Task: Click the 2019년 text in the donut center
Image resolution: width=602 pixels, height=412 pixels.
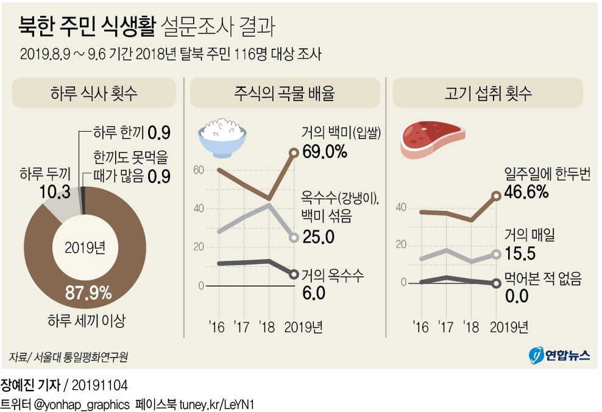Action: (x=84, y=248)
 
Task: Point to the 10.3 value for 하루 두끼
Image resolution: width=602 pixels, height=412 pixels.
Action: (x=54, y=192)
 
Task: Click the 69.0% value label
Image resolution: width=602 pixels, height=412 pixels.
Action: (x=324, y=151)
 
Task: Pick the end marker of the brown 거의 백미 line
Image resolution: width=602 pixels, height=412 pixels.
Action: (x=294, y=153)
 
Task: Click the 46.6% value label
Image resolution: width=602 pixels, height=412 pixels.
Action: (x=528, y=192)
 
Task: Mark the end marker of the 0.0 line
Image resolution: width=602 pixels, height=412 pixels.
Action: (x=496, y=283)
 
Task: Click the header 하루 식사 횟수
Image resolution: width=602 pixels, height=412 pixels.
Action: (x=94, y=93)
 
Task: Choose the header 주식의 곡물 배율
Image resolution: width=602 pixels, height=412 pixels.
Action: (x=284, y=93)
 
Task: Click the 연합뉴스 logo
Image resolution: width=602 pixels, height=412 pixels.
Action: (x=559, y=355)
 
